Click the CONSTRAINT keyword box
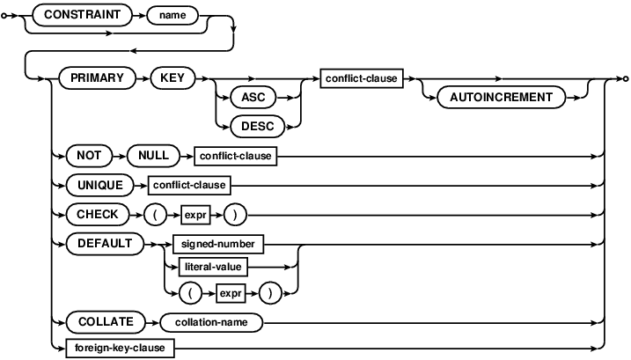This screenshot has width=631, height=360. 82,15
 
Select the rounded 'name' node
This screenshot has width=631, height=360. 172,16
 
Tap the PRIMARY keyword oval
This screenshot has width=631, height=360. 98,77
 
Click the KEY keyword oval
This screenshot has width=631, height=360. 172,77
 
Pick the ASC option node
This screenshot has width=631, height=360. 253,98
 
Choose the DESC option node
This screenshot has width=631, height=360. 258,127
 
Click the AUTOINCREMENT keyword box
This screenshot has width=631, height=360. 501,98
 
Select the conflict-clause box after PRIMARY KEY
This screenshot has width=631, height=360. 362,78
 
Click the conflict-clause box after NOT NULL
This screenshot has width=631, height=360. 236,156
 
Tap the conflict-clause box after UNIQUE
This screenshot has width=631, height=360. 189,185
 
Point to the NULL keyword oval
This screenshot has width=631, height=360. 153,156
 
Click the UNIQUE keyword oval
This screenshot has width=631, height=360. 100,185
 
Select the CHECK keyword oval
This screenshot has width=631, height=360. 98,214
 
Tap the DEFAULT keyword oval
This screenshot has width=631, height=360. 105,244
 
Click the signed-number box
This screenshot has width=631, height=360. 218,244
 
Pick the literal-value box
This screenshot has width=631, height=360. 213,267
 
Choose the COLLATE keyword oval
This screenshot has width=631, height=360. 106,322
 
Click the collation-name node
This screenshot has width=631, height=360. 211,322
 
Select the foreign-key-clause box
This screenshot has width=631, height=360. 120,348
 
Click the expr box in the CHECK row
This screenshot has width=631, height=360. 195,215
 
